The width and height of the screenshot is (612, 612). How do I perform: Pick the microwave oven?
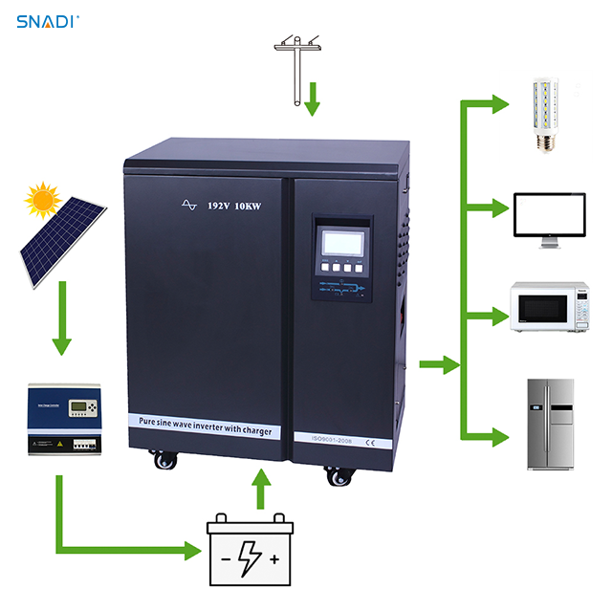point(548,305)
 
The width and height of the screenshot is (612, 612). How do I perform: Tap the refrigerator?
point(551,424)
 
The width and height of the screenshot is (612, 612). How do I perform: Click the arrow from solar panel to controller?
point(62,320)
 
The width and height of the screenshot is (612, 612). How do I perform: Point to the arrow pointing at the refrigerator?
point(492,438)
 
